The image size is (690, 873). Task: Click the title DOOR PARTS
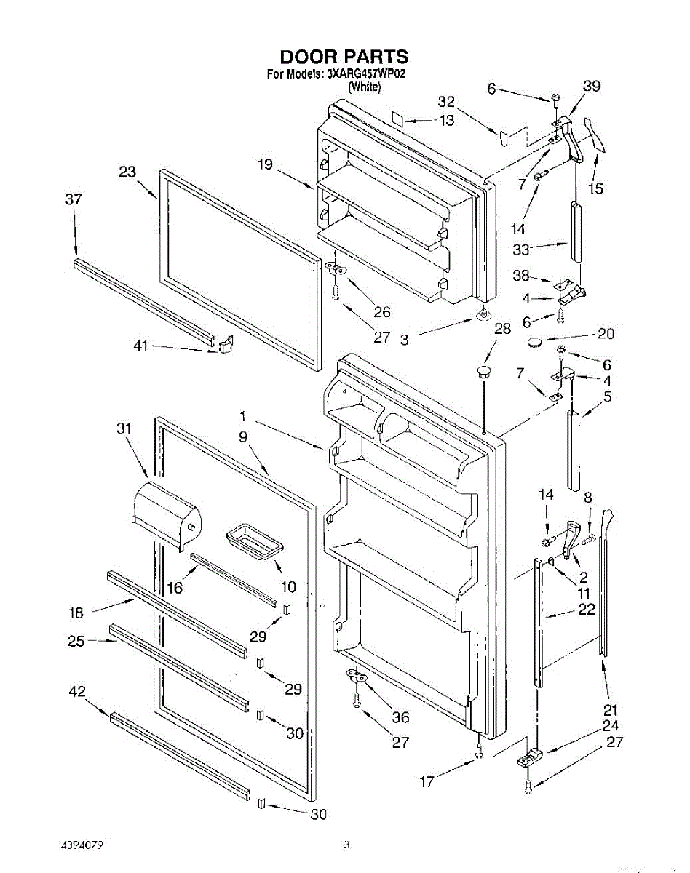point(344,57)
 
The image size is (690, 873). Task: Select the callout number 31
point(124,428)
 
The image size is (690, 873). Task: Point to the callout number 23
point(127,172)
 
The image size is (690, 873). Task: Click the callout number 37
point(73,199)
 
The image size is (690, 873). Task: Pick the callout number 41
point(141,346)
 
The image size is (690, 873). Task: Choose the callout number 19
point(265,165)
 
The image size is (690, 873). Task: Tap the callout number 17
point(427,782)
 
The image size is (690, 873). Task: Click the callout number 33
point(521,250)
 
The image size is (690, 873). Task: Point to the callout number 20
point(606,334)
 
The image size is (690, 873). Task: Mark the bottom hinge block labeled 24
point(531,758)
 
